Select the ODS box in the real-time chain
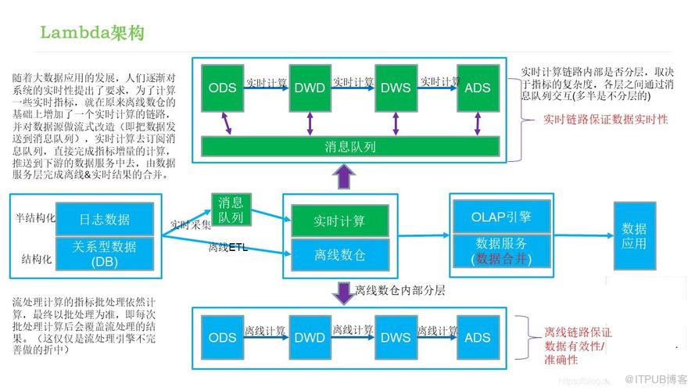tap(222, 87)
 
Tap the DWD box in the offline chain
tap(310, 337)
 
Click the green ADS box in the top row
tap(477, 87)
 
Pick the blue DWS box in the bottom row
tap(395, 337)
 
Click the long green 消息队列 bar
tap(350, 146)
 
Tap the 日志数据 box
tap(105, 219)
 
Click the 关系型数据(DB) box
tap(105, 253)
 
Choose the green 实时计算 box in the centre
tap(339, 221)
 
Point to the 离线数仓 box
tap(339, 254)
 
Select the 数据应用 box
tap(634, 235)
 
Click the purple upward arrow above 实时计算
tap(342, 179)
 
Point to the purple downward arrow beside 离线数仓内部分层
tap(342, 292)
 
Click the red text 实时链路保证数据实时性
tap(605, 120)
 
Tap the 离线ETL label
tap(227, 248)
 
